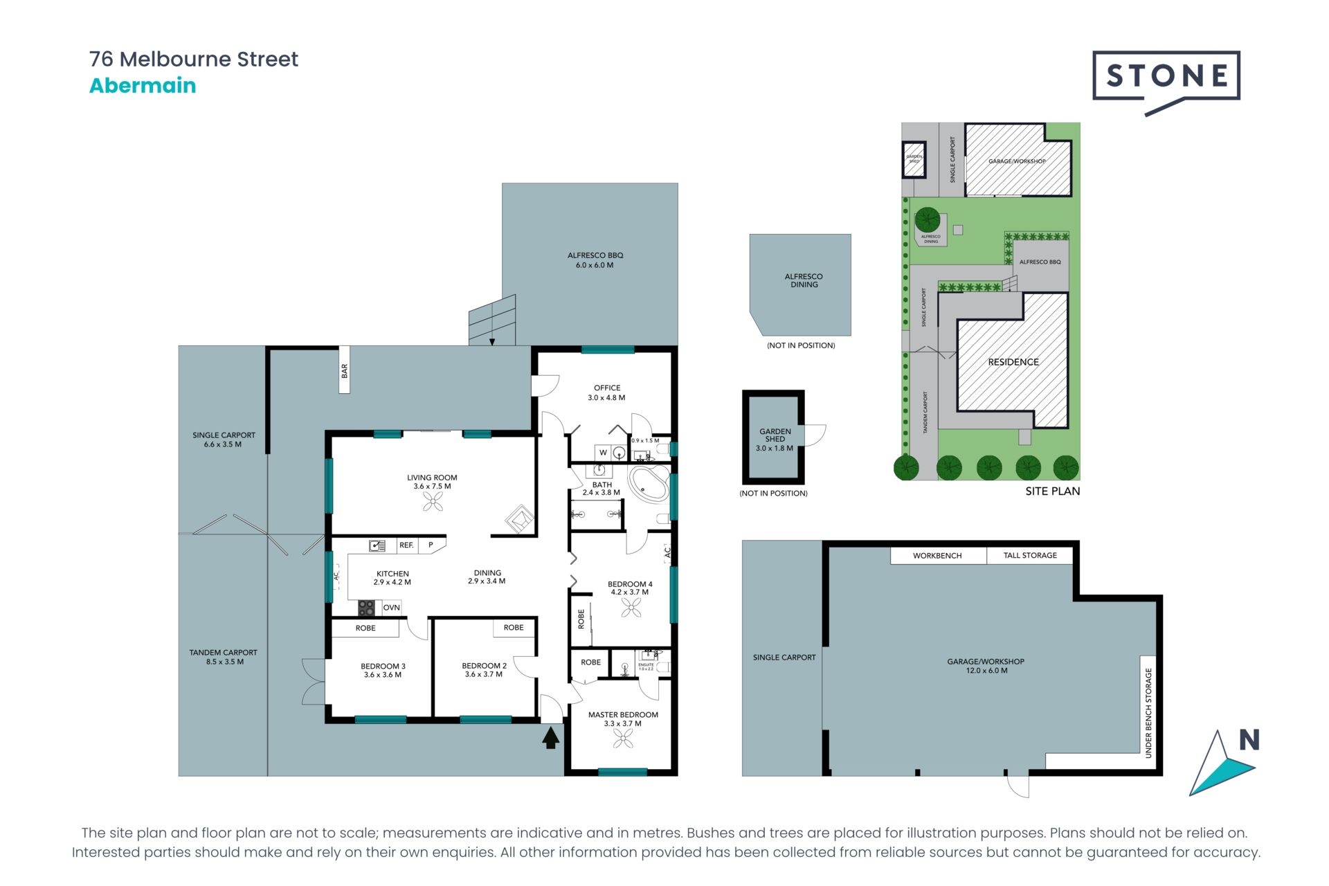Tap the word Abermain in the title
click(x=143, y=86)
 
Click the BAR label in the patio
click(x=344, y=372)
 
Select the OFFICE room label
click(x=606, y=388)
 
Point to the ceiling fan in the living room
click(x=433, y=502)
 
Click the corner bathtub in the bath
click(x=649, y=483)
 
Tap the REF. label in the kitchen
click(x=406, y=545)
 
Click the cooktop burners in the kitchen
click(x=366, y=608)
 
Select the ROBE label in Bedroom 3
click(x=365, y=629)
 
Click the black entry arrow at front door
click(x=550, y=738)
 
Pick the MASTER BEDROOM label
click(x=623, y=715)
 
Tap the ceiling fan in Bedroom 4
click(x=631, y=608)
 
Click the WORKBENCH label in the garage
click(x=937, y=556)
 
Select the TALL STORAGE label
click(x=1030, y=556)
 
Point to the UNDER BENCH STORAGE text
click(x=1148, y=713)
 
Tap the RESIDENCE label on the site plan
click(x=1013, y=362)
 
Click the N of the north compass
click(x=1249, y=741)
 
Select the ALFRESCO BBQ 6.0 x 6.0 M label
click(x=595, y=260)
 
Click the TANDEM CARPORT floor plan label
click(x=224, y=657)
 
